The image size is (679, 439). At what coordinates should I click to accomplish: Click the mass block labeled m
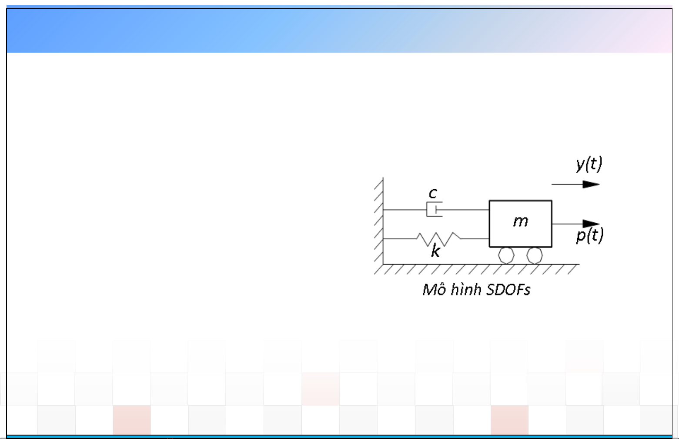521,224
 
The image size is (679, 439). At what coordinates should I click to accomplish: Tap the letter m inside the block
521,221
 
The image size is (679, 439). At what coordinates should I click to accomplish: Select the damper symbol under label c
435,209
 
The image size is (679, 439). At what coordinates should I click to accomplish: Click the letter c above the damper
433,193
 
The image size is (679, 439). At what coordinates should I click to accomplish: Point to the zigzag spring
438,239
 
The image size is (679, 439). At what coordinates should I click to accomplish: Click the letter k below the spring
435,251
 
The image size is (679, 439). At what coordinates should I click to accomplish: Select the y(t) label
589,164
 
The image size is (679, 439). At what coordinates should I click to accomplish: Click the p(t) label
589,235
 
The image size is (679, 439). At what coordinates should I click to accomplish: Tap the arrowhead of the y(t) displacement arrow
591,184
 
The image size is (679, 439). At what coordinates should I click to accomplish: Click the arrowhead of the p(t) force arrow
591,224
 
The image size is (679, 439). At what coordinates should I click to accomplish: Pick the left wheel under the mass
506,255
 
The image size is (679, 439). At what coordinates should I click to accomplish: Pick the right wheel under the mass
535,255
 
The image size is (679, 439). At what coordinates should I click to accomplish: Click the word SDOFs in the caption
508,289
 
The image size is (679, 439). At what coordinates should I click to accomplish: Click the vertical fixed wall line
383,221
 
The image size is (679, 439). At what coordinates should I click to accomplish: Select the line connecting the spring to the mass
475,239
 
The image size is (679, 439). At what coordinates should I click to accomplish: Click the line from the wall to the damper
405,210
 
